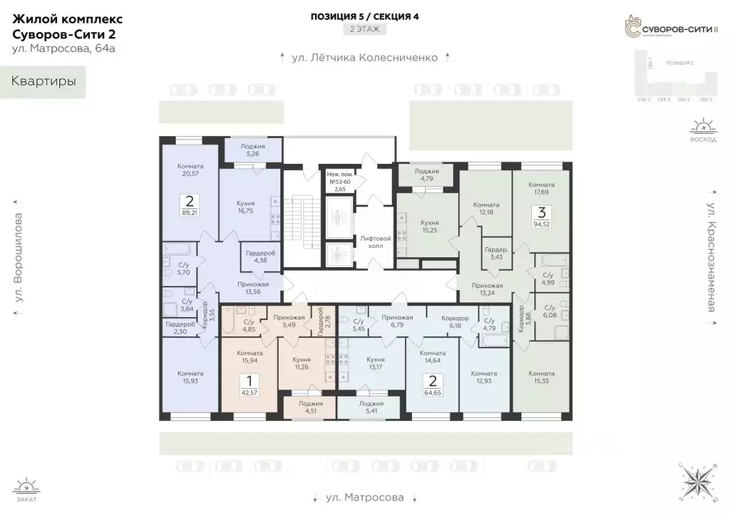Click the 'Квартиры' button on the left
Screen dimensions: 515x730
click(43, 81)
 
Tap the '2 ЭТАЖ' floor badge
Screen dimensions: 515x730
click(364, 29)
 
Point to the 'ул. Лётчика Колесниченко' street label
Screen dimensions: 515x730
click(364, 58)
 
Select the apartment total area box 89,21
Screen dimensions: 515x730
click(190, 205)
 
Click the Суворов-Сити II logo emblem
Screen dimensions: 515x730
click(629, 26)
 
